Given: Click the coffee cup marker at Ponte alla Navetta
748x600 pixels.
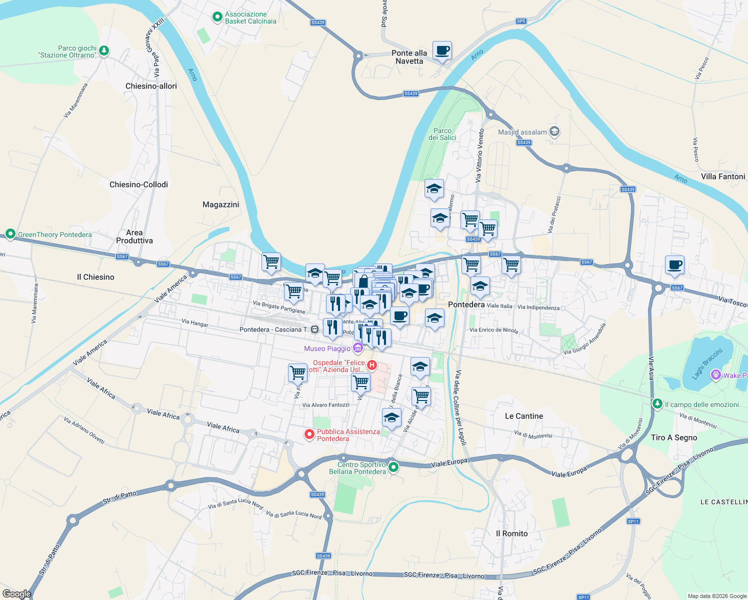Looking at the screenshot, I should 442,51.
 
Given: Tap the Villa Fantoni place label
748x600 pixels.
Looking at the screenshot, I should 722,176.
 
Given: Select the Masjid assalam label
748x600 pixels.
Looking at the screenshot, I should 522,132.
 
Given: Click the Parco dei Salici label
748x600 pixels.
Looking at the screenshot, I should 442,134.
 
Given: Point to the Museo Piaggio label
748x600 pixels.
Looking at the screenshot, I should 327,348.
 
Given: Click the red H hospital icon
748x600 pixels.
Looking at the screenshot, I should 371,365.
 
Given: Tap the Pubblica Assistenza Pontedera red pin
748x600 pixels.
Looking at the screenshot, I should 309,434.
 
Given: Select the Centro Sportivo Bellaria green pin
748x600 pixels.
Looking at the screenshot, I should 393,467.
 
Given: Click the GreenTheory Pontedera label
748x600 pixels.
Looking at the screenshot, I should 54,234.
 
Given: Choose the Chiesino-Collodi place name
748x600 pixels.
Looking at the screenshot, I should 138,184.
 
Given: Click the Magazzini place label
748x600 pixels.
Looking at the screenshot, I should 220,204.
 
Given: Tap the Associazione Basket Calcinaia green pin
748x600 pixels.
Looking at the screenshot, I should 217,17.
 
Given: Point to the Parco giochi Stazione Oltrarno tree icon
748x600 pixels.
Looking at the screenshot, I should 104,50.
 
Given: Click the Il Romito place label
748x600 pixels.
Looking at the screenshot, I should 511,533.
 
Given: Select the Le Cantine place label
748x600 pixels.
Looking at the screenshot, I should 523,416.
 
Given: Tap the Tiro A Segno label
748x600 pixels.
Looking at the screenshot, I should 673,437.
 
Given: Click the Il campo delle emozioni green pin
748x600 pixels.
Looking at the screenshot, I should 657,403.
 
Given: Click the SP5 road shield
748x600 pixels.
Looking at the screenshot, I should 521,21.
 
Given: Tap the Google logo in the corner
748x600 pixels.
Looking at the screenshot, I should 16,593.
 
